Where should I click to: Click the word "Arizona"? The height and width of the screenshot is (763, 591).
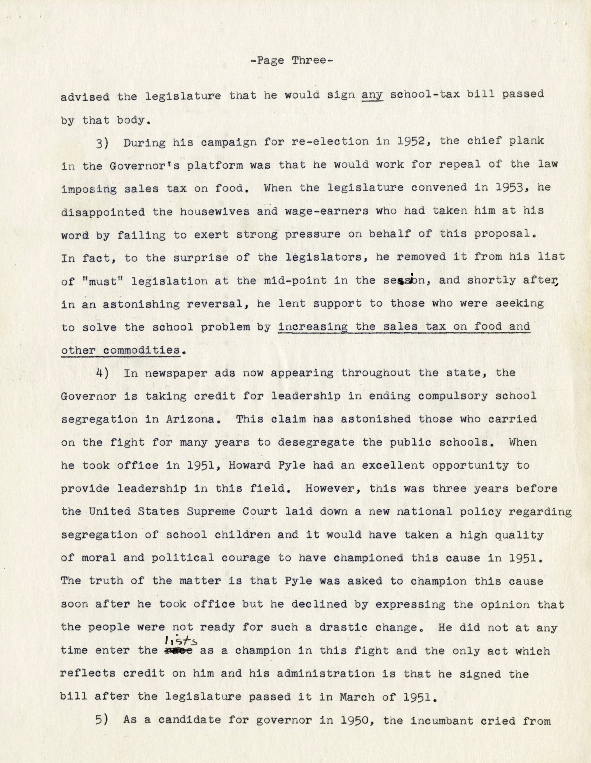click(187, 419)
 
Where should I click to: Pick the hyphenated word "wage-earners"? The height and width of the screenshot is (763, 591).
click(327, 211)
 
